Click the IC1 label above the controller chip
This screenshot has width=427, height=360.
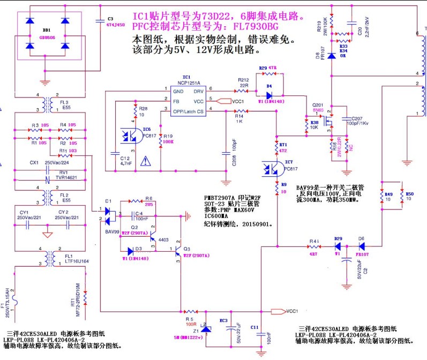click(186, 77)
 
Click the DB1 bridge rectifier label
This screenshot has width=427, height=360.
click(47, 31)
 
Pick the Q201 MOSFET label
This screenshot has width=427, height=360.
click(318, 105)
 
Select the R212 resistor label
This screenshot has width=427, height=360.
click(243, 79)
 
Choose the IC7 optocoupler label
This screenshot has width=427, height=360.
click(289, 161)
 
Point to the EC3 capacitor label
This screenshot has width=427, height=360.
click(223, 320)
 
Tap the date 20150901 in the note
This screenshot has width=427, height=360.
click(257, 224)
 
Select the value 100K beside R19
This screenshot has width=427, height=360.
click(169, 142)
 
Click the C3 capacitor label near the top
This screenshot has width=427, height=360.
click(110, 18)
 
